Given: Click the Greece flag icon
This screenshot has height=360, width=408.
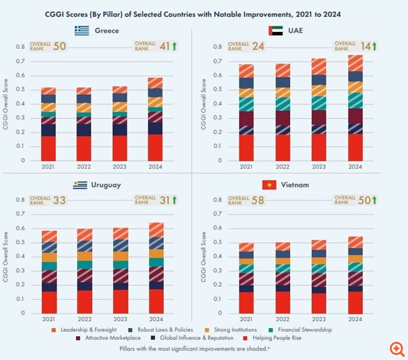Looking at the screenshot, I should click(82, 30).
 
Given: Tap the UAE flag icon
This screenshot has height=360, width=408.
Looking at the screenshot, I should click(274, 30).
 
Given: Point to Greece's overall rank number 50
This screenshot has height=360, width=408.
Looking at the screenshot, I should click(60, 46).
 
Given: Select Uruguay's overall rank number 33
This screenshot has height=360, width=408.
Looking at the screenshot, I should click(60, 199).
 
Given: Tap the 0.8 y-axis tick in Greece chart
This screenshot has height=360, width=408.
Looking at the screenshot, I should click(23, 47).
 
